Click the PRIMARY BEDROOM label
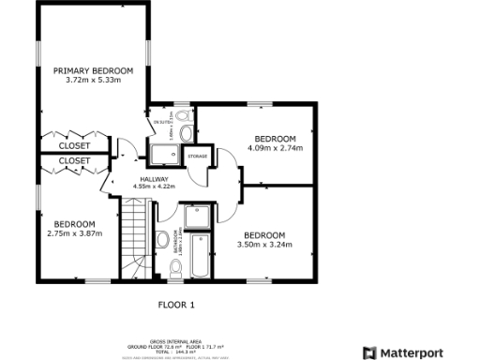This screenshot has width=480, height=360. click(93, 70)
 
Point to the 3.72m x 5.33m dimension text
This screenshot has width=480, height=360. click(93, 81)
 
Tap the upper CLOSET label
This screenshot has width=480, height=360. click(75, 146)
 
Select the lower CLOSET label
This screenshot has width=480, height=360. click(75, 161)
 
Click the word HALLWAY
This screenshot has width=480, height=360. click(155, 178)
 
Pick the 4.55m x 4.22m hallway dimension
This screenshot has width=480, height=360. click(155, 187)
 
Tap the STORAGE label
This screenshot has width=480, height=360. click(197, 156)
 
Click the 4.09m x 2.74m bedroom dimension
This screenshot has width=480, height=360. click(276, 147)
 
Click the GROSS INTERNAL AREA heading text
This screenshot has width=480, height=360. click(174, 341)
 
